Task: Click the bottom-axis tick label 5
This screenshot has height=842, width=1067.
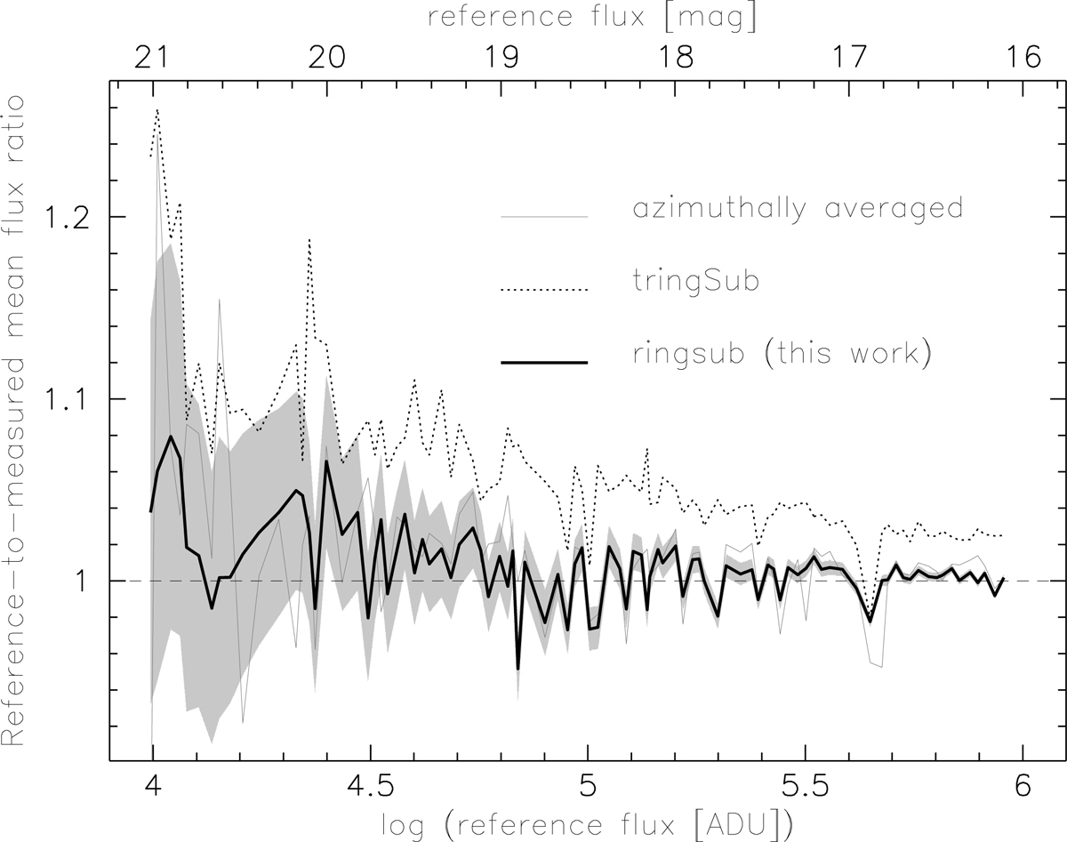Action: [587, 788]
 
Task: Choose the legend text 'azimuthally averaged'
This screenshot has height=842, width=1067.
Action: [794, 209]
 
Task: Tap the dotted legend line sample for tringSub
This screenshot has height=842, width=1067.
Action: [544, 289]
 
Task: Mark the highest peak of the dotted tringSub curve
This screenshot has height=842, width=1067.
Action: [157, 111]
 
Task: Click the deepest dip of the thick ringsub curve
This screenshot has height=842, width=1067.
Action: [518, 668]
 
